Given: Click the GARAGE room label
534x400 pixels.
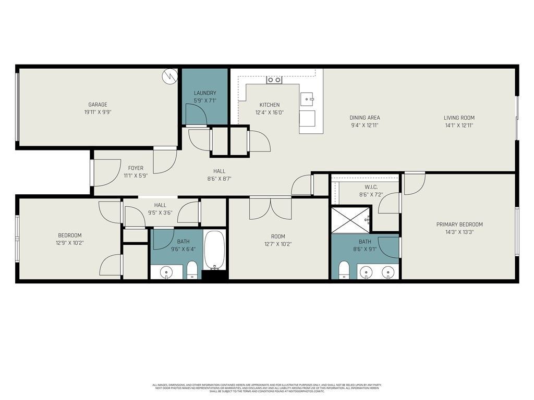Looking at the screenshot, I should (98, 105).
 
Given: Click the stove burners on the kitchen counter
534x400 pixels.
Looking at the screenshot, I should (274, 80).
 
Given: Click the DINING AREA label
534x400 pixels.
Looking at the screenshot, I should (365, 118).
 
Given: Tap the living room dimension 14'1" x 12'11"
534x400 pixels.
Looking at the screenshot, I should (459, 125).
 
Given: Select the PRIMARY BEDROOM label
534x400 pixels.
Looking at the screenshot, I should (459, 224).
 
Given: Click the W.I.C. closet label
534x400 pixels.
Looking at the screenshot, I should (371, 187).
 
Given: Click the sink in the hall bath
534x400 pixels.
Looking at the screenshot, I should (166, 271).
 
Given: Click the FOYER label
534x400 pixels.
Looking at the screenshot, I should (136, 168).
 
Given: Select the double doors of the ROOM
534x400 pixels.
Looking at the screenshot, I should (270, 207).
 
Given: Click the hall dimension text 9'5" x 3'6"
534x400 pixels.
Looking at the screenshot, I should (160, 213).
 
